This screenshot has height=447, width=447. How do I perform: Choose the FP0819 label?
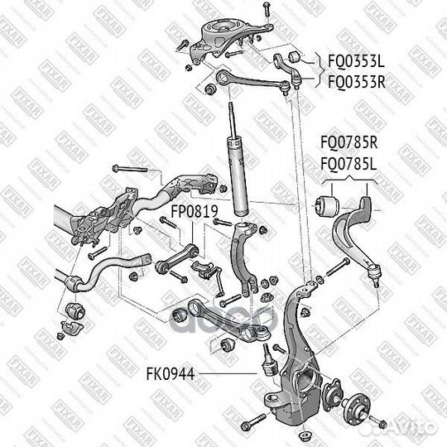(194, 212)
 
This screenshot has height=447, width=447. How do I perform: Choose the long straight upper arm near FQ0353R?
(248, 84)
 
